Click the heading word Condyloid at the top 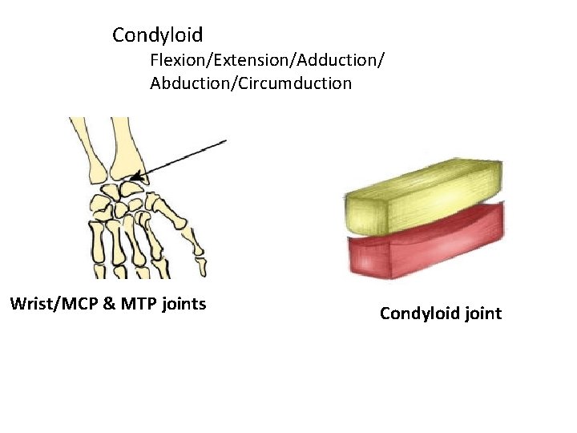coord(157,35)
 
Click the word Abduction coord(188,83)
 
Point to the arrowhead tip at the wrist coord(133,178)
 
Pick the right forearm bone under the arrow coord(125,148)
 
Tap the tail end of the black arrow coord(225,141)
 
